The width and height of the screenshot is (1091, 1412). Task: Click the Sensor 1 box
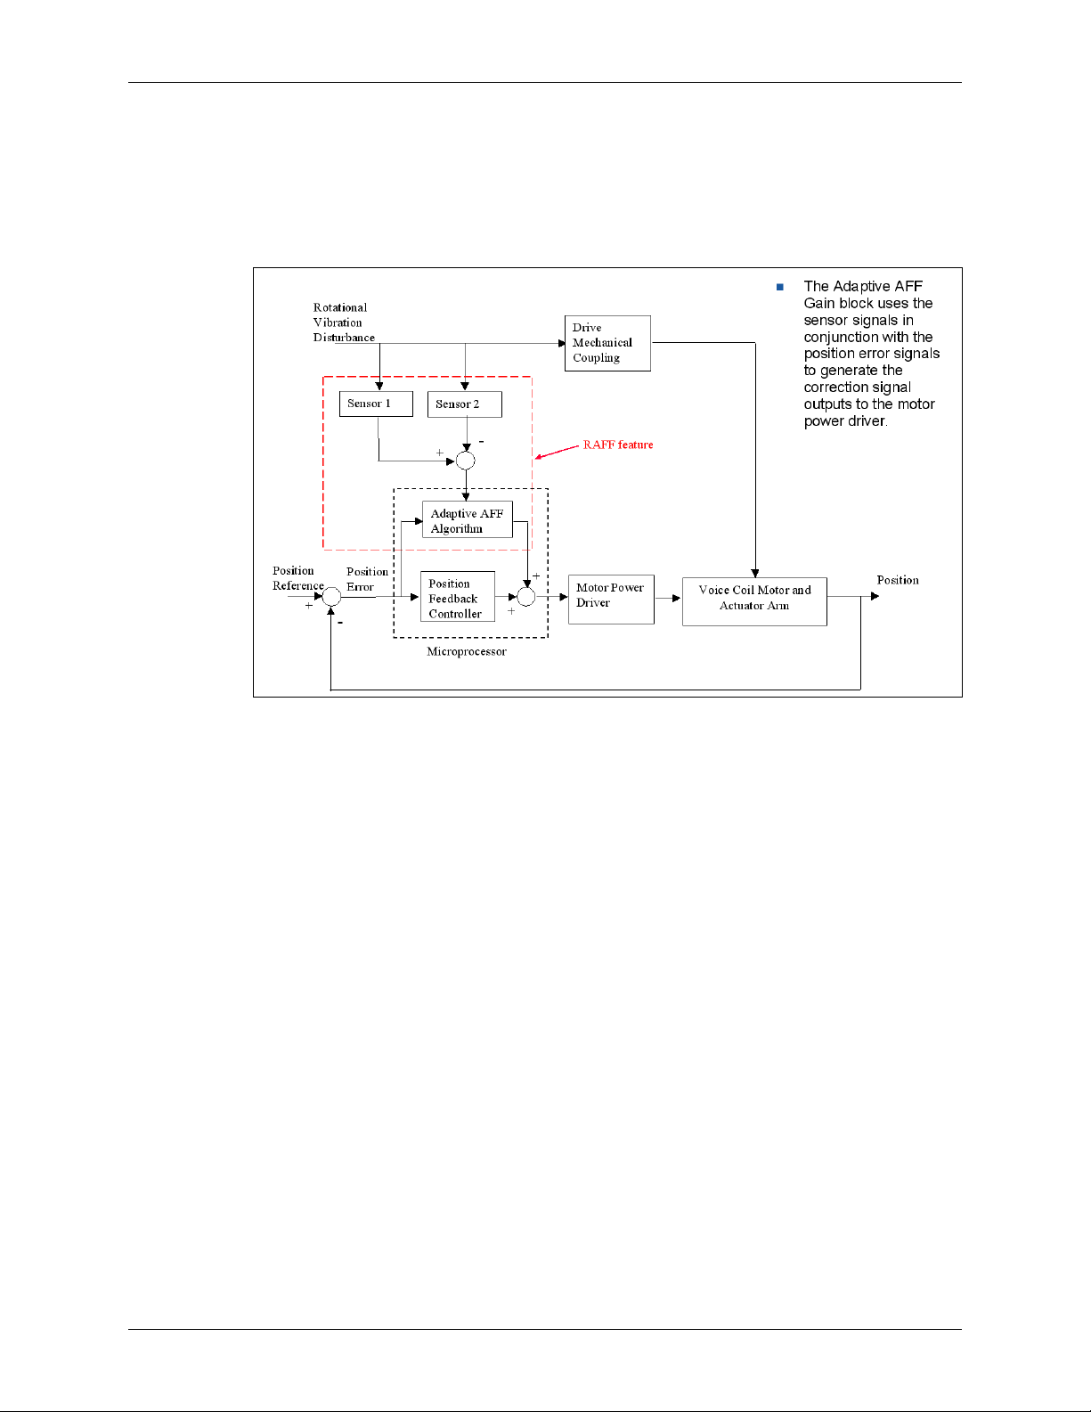(376, 404)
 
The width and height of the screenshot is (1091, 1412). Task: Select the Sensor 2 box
(464, 404)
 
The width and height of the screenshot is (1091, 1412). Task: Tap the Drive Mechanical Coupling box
(607, 343)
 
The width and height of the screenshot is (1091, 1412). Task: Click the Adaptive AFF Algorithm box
(467, 520)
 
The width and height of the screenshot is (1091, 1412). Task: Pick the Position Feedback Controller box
(457, 597)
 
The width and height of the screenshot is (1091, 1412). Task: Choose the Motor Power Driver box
(611, 599)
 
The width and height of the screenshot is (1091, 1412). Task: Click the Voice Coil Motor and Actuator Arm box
(754, 601)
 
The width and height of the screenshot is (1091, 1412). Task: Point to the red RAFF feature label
(618, 445)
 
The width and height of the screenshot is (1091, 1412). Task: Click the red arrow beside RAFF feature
(557, 453)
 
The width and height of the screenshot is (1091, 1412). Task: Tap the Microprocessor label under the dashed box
(467, 652)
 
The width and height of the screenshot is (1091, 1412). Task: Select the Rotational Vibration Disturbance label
(343, 322)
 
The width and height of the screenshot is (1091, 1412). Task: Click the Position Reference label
(297, 578)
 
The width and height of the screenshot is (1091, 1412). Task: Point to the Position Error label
(367, 579)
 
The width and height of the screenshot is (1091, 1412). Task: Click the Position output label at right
(898, 580)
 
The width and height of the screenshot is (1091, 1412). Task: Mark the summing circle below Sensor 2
(465, 461)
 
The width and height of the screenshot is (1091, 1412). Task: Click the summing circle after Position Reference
(331, 597)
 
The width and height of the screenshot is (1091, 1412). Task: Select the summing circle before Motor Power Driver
(526, 597)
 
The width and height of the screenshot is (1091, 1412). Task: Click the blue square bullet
(780, 287)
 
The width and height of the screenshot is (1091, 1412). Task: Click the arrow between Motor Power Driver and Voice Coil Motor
(669, 598)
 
